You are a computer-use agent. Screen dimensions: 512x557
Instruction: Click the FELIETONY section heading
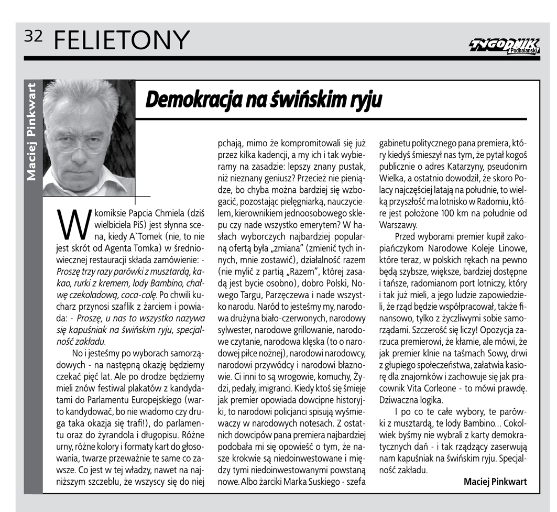click(121, 40)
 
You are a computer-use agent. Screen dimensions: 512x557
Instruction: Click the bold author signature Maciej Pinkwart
click(495, 482)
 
